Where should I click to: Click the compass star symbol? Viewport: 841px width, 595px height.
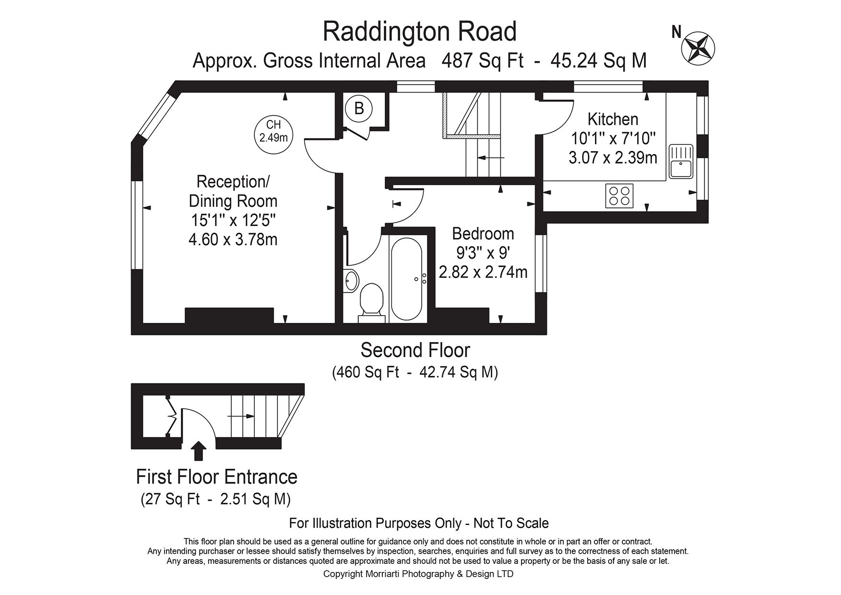[x=699, y=47]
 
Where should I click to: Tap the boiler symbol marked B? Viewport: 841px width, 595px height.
[x=359, y=108]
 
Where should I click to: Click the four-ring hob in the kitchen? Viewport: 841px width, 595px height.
[x=619, y=195]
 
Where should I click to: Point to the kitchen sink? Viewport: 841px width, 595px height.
[x=681, y=161]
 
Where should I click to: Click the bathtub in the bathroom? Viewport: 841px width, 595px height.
[x=406, y=279]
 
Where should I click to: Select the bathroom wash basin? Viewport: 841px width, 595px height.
[x=351, y=280]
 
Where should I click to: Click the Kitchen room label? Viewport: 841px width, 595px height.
[x=613, y=119]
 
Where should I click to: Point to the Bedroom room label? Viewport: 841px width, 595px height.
[x=483, y=234]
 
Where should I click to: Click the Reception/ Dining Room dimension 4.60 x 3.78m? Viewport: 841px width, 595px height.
[x=233, y=239]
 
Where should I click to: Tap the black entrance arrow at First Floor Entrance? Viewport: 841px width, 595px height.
[x=199, y=451]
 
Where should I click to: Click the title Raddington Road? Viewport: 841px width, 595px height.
[x=420, y=32]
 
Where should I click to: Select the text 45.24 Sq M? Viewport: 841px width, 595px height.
[x=598, y=61]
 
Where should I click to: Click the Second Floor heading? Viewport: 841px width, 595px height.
[x=415, y=350]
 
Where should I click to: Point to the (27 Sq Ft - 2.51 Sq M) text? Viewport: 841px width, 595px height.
[x=216, y=499]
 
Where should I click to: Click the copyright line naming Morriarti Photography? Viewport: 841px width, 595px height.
[x=418, y=574]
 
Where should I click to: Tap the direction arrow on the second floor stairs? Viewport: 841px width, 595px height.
[x=491, y=157]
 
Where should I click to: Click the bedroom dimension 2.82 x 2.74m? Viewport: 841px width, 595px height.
[x=483, y=272]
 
